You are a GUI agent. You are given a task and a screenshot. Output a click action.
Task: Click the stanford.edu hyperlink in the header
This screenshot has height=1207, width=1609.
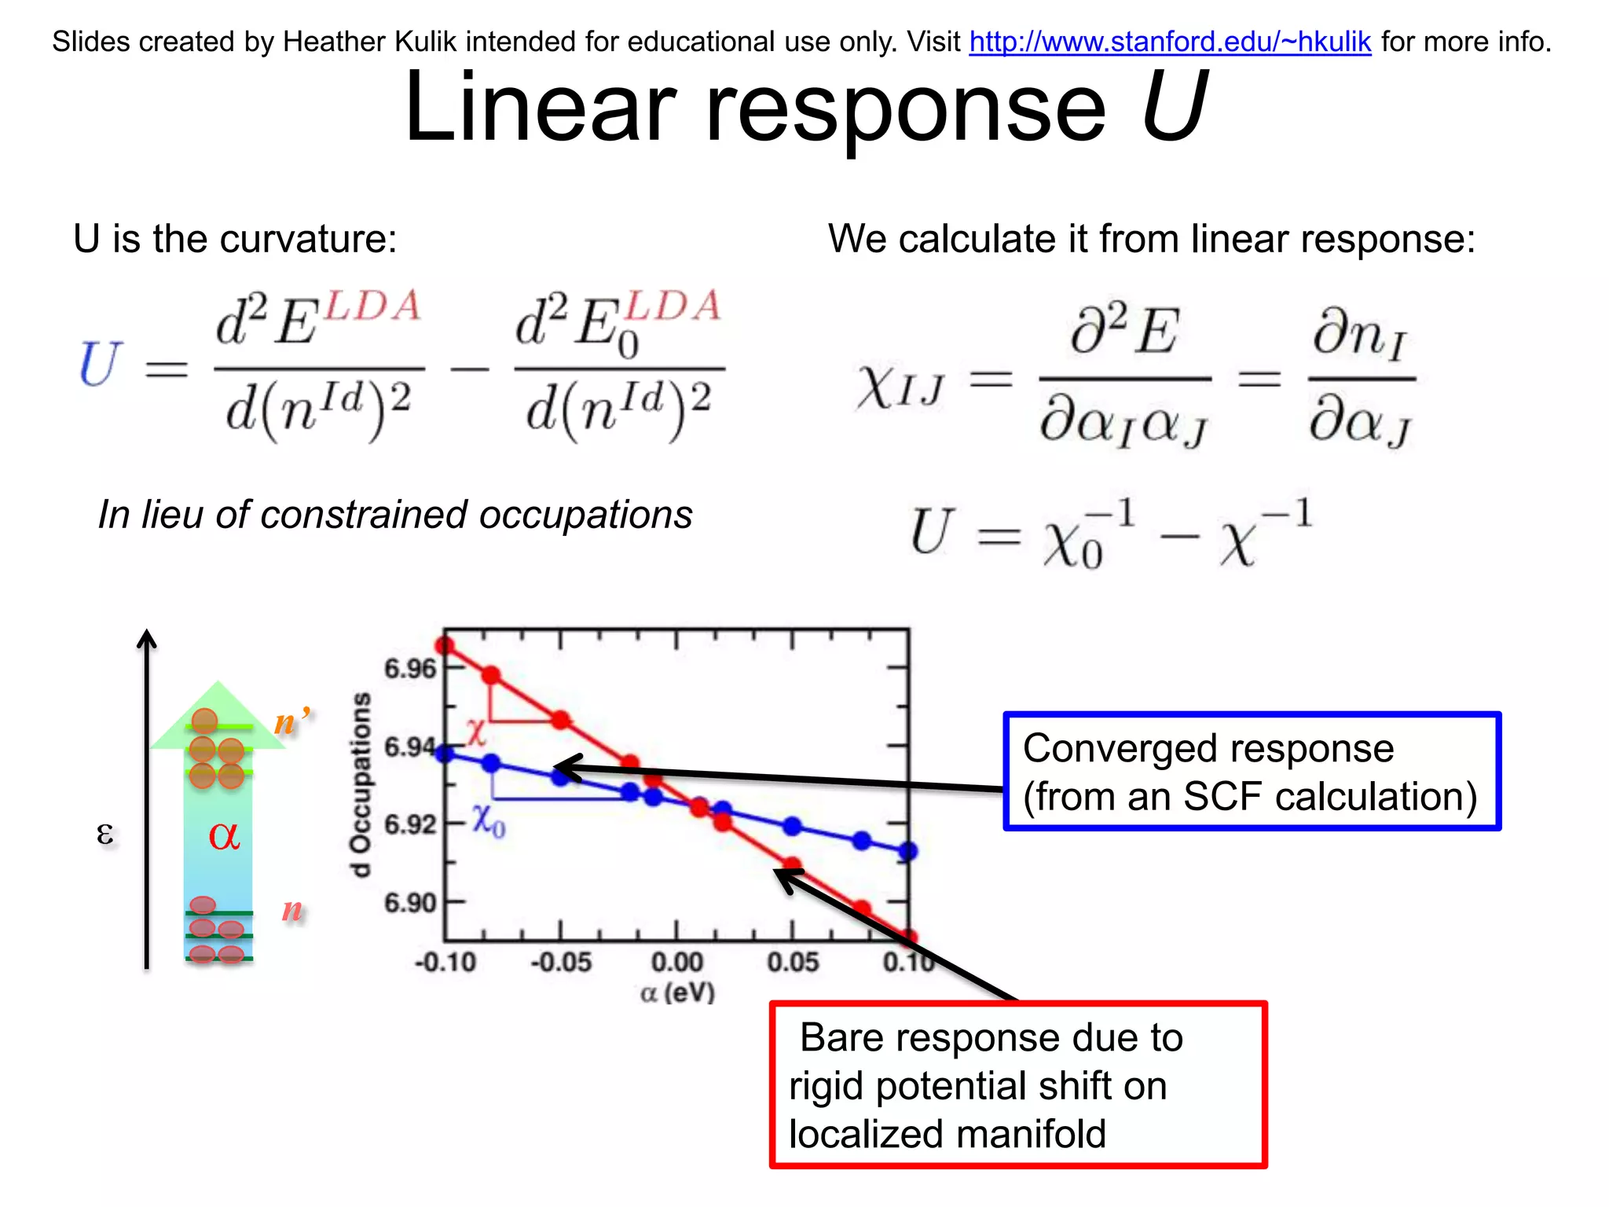point(1170,42)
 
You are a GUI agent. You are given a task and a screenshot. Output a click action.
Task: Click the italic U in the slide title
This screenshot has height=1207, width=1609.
point(1173,107)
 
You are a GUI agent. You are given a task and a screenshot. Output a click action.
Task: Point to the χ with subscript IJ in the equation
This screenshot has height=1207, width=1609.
point(900,387)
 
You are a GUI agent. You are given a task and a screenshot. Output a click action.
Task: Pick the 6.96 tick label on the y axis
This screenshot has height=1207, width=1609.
point(409,669)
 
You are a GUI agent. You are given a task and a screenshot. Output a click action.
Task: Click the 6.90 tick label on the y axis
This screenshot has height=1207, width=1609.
point(409,903)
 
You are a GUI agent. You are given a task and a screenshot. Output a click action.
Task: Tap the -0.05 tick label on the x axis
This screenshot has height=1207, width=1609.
point(561,963)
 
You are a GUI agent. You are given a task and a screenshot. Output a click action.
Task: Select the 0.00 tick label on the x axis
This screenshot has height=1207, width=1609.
point(676,963)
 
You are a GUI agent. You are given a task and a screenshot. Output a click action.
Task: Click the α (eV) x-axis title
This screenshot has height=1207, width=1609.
point(677,993)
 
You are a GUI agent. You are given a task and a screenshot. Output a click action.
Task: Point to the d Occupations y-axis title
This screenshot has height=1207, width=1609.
point(361,784)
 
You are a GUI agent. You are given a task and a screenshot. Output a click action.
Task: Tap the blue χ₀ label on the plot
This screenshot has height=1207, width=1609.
point(489,820)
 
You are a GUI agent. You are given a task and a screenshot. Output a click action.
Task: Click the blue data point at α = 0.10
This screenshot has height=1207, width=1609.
point(908,851)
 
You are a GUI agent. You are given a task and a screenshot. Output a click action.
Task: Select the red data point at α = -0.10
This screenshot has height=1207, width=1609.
point(445,646)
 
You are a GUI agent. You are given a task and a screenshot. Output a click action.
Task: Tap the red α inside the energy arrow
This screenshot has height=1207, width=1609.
point(224,835)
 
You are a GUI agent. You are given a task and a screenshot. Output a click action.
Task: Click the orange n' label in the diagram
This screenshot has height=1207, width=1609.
point(291,721)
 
